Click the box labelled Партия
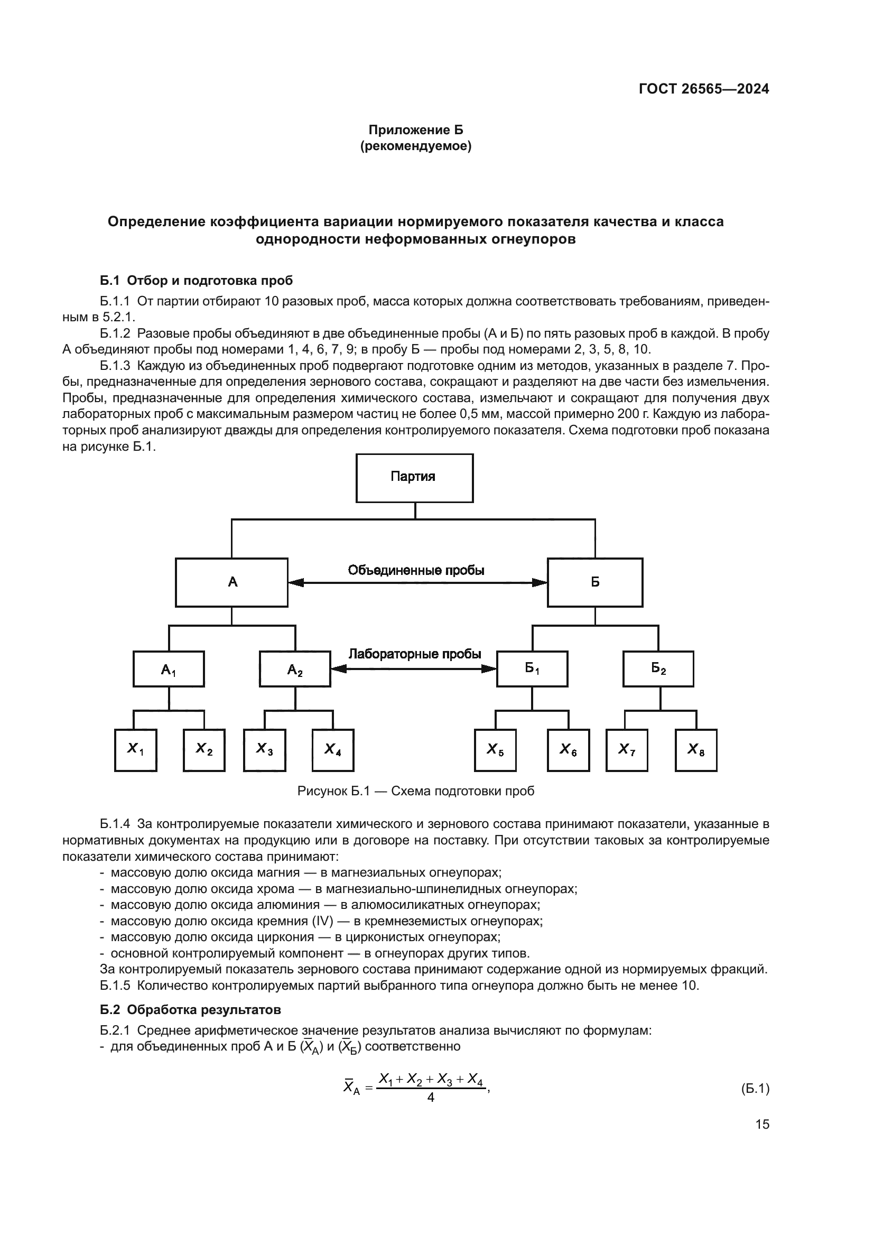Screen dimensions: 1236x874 [414, 478]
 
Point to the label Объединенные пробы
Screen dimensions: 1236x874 [416, 570]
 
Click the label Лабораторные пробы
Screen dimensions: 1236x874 [414, 654]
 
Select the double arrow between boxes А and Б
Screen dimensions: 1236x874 [417, 582]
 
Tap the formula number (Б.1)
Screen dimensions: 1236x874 [755, 1089]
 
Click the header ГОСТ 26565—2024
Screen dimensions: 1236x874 [704, 89]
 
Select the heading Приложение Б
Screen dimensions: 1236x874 [415, 130]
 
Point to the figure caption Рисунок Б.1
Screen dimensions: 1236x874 [415, 791]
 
